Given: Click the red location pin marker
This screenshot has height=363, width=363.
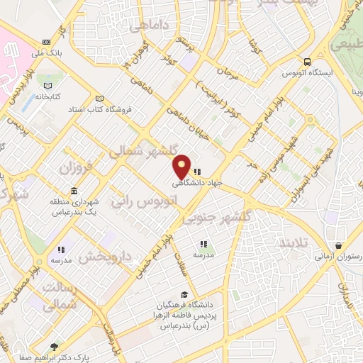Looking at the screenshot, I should click(x=182, y=167).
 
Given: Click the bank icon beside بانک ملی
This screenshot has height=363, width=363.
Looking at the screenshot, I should click(x=47, y=41).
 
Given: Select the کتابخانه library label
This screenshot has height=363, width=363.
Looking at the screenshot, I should click(x=48, y=95).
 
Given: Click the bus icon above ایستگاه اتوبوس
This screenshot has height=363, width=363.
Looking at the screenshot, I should click(x=306, y=62).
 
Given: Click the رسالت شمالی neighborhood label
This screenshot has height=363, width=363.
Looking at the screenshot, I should click(x=60, y=296).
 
